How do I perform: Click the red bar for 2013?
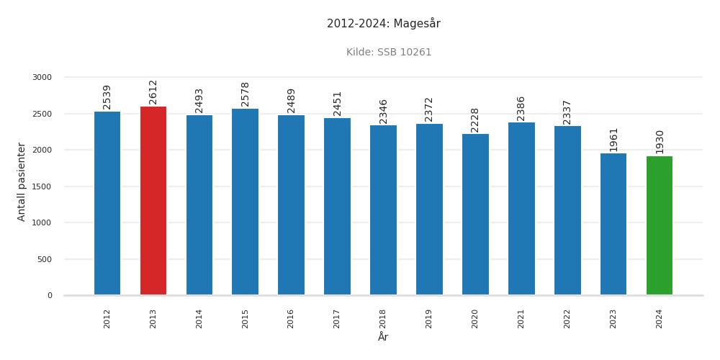(x=153, y=201)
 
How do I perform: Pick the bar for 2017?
(x=337, y=207)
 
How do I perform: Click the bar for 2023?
(x=613, y=224)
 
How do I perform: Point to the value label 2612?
(x=153, y=91)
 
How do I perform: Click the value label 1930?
(x=660, y=141)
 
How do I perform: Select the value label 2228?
(x=475, y=120)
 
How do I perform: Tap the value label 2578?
(x=246, y=94)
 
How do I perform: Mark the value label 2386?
(x=521, y=108)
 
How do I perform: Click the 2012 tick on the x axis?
(x=107, y=318)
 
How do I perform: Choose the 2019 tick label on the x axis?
(x=429, y=318)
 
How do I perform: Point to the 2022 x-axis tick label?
(x=567, y=318)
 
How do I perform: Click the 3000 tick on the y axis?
(x=42, y=78)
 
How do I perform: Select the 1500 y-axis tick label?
(x=42, y=186)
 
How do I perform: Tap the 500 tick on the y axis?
(x=45, y=259)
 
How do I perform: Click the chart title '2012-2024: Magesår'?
(x=383, y=24)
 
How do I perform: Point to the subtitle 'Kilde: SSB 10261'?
(x=389, y=53)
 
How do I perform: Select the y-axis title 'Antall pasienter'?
(x=22, y=181)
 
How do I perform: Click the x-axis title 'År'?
(x=383, y=337)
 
